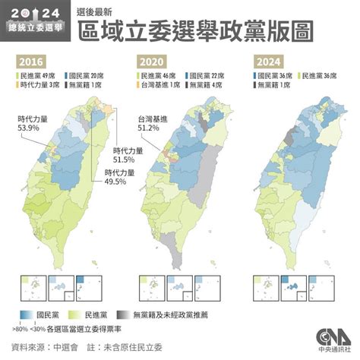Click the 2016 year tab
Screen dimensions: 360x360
[x=32, y=62]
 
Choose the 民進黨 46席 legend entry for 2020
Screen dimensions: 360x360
[x=155, y=76]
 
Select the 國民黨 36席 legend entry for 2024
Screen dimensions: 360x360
[x=275, y=76]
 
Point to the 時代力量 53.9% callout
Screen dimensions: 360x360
[x=32, y=124]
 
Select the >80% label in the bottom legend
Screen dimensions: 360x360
[x=21, y=330]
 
